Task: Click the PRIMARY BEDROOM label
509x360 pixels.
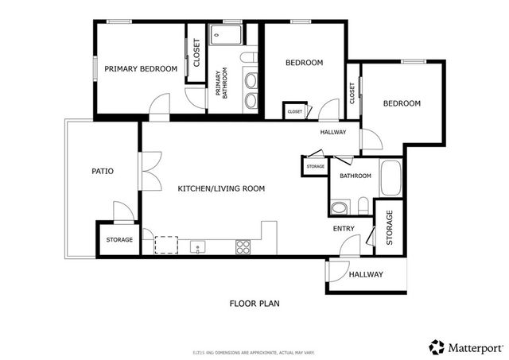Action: pos(141,69)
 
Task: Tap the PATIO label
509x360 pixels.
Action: pos(102,171)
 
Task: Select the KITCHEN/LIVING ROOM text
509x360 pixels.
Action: pos(221,188)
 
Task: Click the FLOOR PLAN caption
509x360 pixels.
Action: pos(254,303)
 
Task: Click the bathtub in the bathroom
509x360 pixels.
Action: pos(390,178)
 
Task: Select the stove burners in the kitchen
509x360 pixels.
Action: pos(243,247)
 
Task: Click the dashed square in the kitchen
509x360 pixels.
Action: pos(166,244)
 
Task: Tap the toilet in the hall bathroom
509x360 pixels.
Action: pos(340,208)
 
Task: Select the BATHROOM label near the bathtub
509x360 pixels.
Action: pos(356,176)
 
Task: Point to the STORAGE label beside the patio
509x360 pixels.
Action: pos(119,239)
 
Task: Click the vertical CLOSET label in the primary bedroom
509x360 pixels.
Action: pos(196,53)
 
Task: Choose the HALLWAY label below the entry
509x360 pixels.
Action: pos(366,275)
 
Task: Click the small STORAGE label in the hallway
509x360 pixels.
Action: pos(315,167)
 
